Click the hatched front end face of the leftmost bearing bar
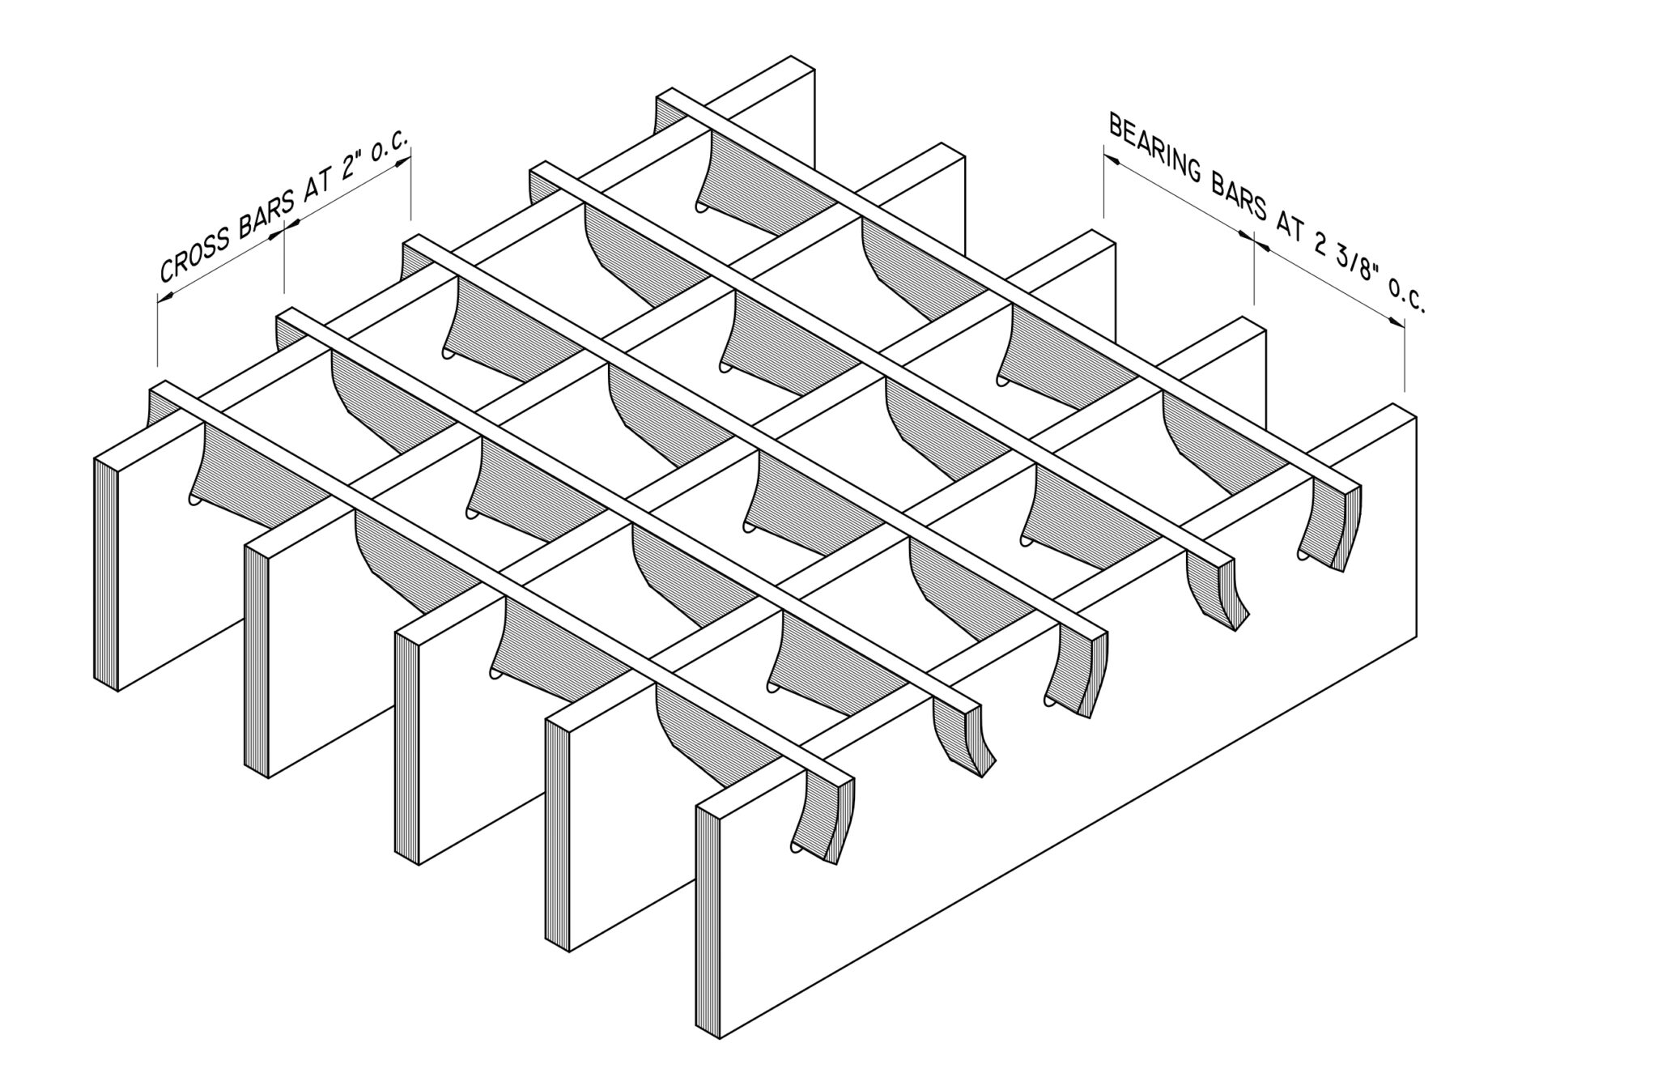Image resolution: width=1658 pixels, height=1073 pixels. (x=106, y=574)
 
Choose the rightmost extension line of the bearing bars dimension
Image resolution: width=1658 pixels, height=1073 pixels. (x=1405, y=356)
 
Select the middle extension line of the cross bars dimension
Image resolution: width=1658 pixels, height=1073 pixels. (x=284, y=259)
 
